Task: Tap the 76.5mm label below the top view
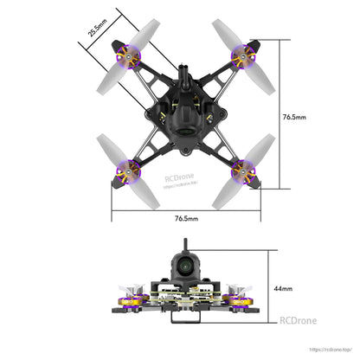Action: click(187, 221)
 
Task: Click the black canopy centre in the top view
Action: click(183, 121)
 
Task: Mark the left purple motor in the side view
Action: click(132, 301)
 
